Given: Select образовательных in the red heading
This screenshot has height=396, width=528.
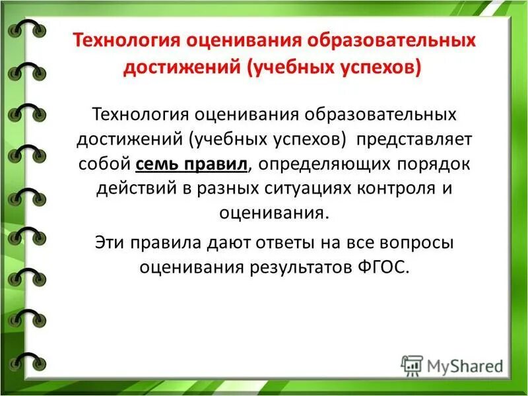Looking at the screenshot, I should [x=395, y=42].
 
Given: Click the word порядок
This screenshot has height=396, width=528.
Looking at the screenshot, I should [x=419, y=164].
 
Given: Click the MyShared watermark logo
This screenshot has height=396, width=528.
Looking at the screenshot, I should [x=452, y=364].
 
